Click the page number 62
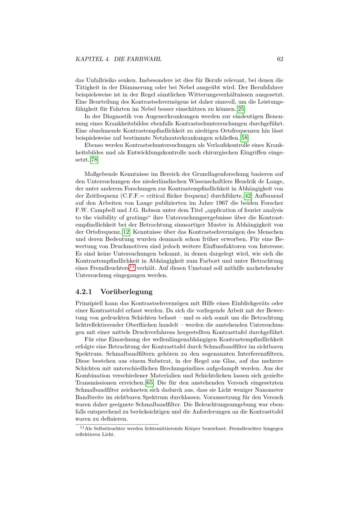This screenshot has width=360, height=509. [x=280, y=59]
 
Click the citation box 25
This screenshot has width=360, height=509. [x=241, y=109]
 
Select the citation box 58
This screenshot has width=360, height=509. [x=244, y=138]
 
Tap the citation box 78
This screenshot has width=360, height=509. [x=94, y=160]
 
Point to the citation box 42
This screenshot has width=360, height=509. [x=248, y=196]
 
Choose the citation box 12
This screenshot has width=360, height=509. [x=126, y=232]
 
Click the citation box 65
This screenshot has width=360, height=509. [x=149, y=383]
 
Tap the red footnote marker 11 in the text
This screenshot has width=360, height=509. [x=132, y=267]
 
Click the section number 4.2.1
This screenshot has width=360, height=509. [x=84, y=292]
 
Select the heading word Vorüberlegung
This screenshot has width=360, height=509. [x=126, y=292]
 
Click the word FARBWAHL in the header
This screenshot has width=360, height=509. [x=146, y=59]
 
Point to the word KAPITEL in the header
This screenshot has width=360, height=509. [x=90, y=59]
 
